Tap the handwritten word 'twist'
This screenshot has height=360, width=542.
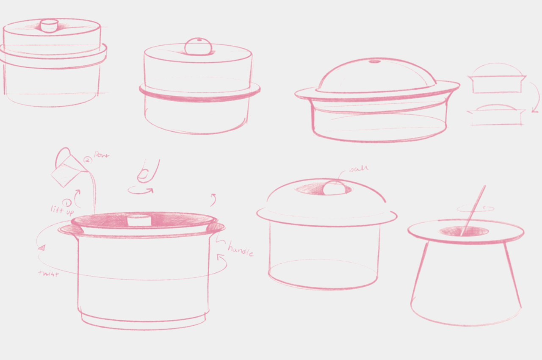click(x=48, y=274)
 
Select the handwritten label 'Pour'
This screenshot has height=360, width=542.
click(x=101, y=155)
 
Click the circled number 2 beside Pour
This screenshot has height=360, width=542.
click(x=88, y=160)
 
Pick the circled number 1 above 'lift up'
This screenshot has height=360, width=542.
click(x=67, y=202)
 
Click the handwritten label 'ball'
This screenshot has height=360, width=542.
click(x=359, y=169)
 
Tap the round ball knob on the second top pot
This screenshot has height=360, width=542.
click(x=199, y=46)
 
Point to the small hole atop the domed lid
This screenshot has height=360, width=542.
click(x=375, y=61)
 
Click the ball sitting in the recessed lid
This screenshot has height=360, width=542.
click(x=334, y=188)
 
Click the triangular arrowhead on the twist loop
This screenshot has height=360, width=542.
click(x=41, y=248)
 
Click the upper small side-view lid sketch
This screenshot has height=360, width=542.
click(x=497, y=80)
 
